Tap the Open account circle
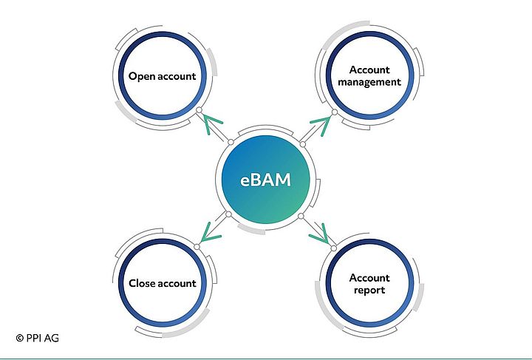tap(162, 76)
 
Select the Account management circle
tap(369, 76)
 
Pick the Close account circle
tap(162, 283)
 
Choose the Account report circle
tap(369, 284)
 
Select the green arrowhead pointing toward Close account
tap(211, 234)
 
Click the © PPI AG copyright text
tap(37, 338)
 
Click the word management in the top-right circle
tap(369, 83)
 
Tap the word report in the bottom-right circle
tap(369, 291)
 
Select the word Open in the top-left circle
tap(142, 76)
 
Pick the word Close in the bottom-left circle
tap(142, 283)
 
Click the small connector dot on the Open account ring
tap(198, 112)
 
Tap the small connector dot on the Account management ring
tap(334, 112)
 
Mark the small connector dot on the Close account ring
tap(197, 246)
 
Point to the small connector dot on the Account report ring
tap(334, 248)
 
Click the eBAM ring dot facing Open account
tap(231, 142)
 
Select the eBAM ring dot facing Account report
tap(301, 216)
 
